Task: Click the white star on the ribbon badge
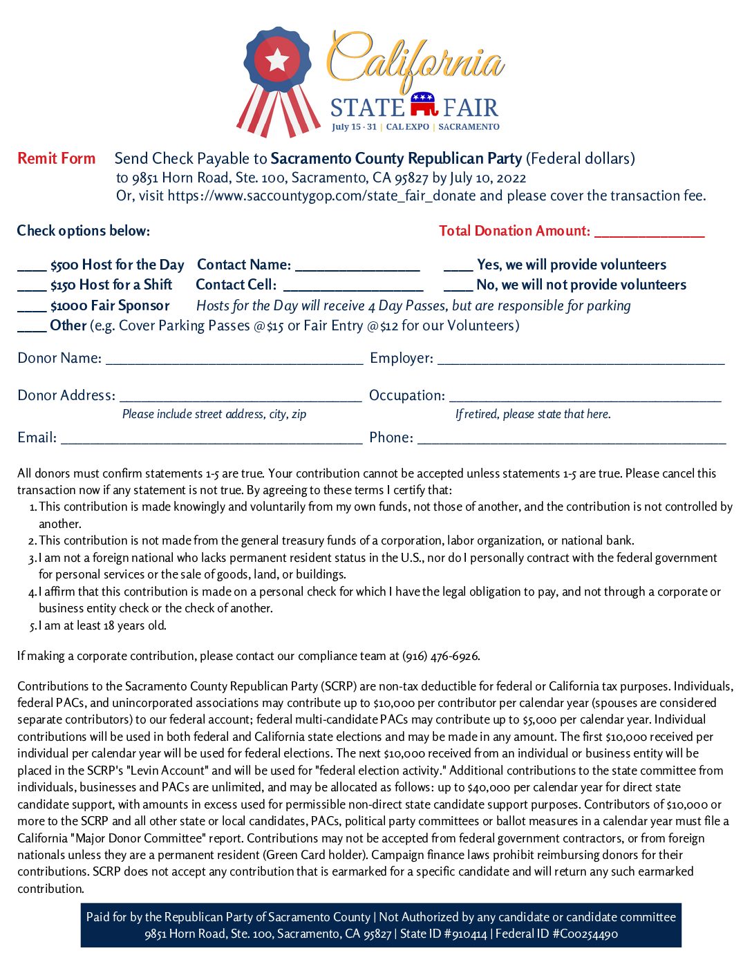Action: point(277,61)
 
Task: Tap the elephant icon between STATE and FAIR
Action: point(424,104)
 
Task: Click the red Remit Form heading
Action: point(57,158)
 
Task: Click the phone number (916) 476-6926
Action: point(440,656)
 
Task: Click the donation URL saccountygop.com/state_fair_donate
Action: point(321,196)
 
